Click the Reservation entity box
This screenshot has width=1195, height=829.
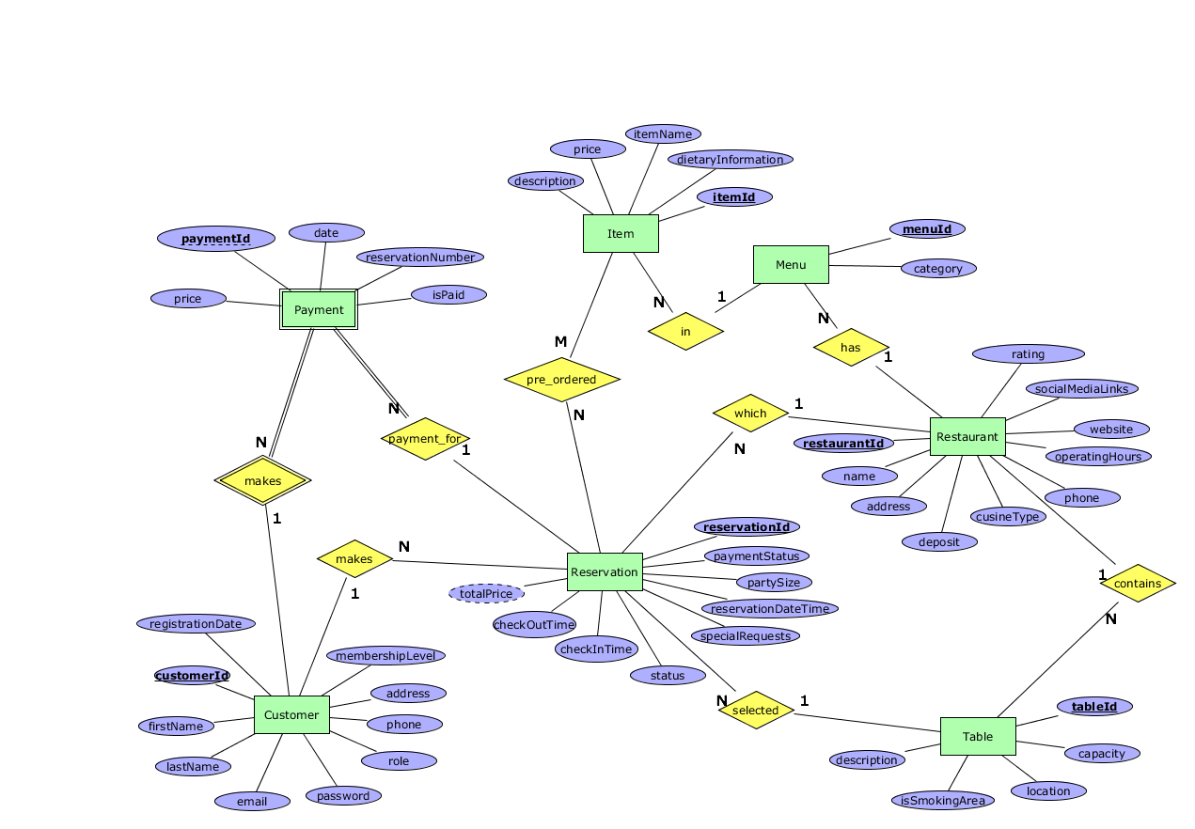(x=605, y=571)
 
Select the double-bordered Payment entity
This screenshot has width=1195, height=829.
(x=319, y=309)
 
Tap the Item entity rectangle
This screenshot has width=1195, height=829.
(x=621, y=233)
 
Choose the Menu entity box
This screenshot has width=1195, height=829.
(x=791, y=264)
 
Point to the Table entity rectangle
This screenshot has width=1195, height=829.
(x=978, y=736)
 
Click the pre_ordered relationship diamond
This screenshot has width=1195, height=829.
(x=561, y=380)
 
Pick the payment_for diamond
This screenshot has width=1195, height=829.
(x=425, y=438)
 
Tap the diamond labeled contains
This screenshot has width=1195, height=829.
(x=1138, y=583)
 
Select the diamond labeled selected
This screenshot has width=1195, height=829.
(x=755, y=710)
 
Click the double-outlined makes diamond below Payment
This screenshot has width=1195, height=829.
(x=262, y=480)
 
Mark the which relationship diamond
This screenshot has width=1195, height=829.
(x=749, y=413)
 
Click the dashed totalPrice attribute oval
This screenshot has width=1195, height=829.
(x=486, y=593)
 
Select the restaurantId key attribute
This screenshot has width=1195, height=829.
(x=842, y=443)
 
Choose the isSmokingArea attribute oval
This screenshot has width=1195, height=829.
(x=942, y=800)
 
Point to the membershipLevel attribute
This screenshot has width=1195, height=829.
(x=385, y=655)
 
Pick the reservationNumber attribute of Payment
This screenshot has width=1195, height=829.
(x=419, y=257)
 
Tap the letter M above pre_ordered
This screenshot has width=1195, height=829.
(x=560, y=341)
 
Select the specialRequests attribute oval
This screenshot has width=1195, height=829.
(x=745, y=635)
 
